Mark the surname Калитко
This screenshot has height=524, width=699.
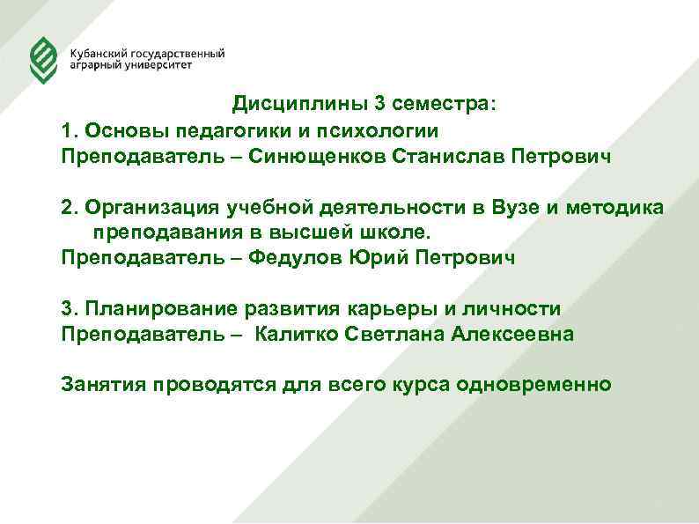tap(294, 335)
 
